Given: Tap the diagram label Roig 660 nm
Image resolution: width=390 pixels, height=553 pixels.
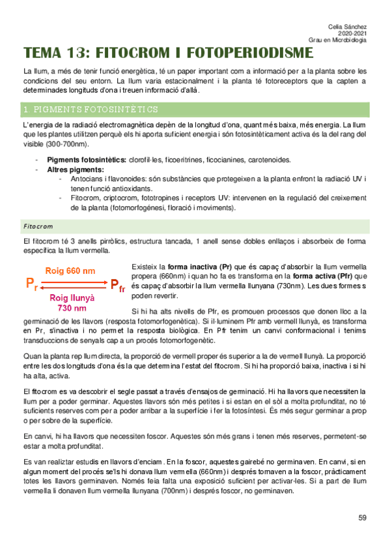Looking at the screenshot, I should pos(70,270).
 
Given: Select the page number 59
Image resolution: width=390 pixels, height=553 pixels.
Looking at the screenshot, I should pos(363,518).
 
